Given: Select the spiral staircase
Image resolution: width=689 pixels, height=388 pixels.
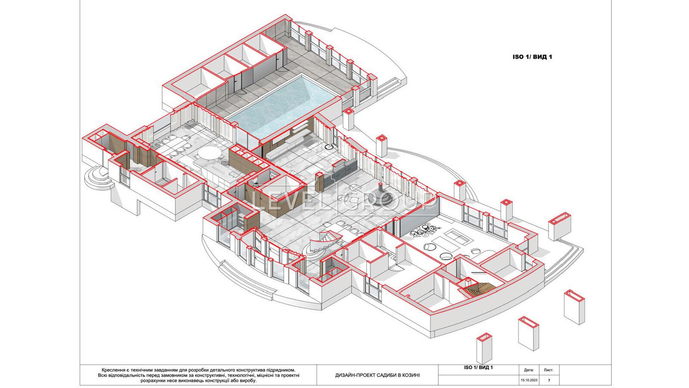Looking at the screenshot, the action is tap(323, 243).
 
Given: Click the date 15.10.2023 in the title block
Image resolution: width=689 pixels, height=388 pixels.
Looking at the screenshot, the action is tap(529, 380).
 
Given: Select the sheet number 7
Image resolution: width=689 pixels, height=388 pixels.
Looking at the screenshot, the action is tap(549, 380).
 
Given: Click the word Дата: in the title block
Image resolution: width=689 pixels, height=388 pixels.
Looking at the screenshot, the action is tap(529, 370).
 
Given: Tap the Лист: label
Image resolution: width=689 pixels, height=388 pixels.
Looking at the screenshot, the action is tap(549, 370).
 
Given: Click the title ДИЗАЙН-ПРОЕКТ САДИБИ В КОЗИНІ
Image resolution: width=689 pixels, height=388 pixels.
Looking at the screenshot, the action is tap(377, 375).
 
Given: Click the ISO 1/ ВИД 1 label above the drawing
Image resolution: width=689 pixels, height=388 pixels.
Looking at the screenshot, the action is tap(532, 57).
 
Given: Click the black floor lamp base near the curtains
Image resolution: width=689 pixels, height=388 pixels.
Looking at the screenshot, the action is tap(329, 147).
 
